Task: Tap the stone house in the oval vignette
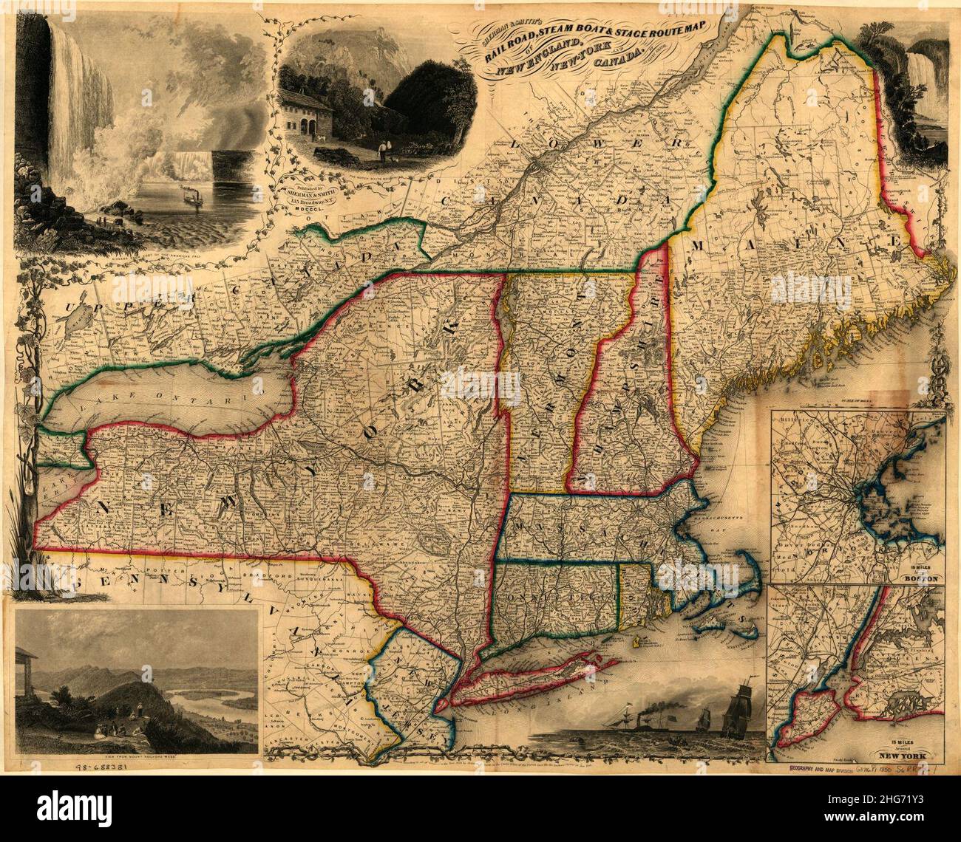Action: (x=303, y=114)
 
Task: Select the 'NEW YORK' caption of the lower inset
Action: (x=911, y=757)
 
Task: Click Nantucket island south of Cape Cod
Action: (x=748, y=629)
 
